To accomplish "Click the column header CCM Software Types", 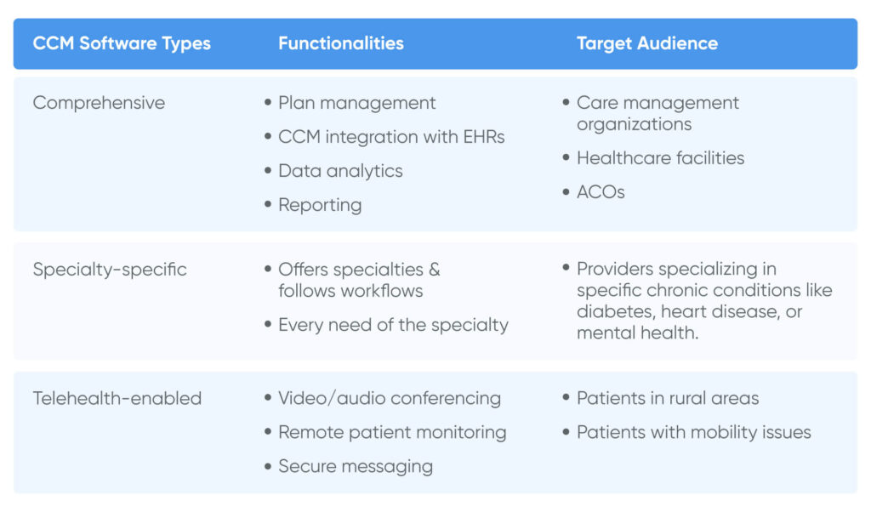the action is [122, 44].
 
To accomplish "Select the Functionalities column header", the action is [341, 43].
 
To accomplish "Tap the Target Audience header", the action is [647, 44].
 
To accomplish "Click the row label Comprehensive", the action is [99, 103].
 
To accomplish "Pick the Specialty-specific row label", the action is [110, 270].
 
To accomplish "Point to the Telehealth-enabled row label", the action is [117, 398].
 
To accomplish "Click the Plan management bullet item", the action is [356, 103].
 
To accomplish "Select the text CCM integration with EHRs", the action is [391, 137].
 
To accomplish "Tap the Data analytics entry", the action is [340, 171].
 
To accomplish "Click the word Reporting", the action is [320, 206].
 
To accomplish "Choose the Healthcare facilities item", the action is [660, 158].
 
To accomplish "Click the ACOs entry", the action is [601, 192].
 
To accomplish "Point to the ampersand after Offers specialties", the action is [435, 270].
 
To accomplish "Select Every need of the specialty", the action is [393, 326].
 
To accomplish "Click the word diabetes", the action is [616, 311].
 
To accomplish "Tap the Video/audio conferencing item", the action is [390, 399].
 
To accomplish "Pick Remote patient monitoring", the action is [392, 433].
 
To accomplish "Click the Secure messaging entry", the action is [356, 467].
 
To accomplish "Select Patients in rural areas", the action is [668, 398].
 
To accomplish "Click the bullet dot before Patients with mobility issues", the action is [566, 431].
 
